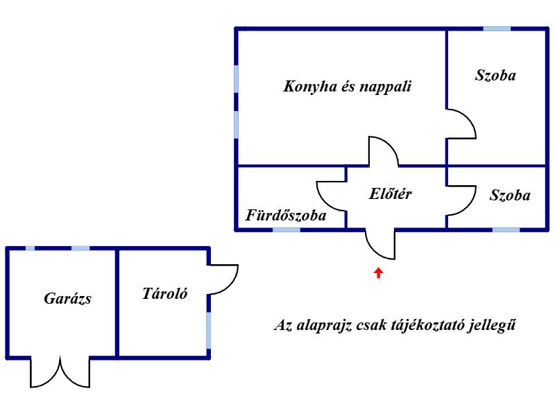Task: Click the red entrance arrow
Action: pyautogui.click(x=379, y=272)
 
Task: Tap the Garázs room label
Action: pyautogui.click(x=67, y=299)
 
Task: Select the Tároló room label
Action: pyautogui.click(x=164, y=293)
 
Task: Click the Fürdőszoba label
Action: pyautogui.click(x=286, y=216)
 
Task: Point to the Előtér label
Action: pyautogui.click(x=391, y=193)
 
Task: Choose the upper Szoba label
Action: pyautogui.click(x=495, y=75)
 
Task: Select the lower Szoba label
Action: pyautogui.click(x=510, y=196)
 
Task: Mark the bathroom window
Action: pyautogui.click(x=287, y=230)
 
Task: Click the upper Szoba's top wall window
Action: pyautogui.click(x=497, y=28)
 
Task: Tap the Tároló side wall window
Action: pyautogui.click(x=209, y=331)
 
